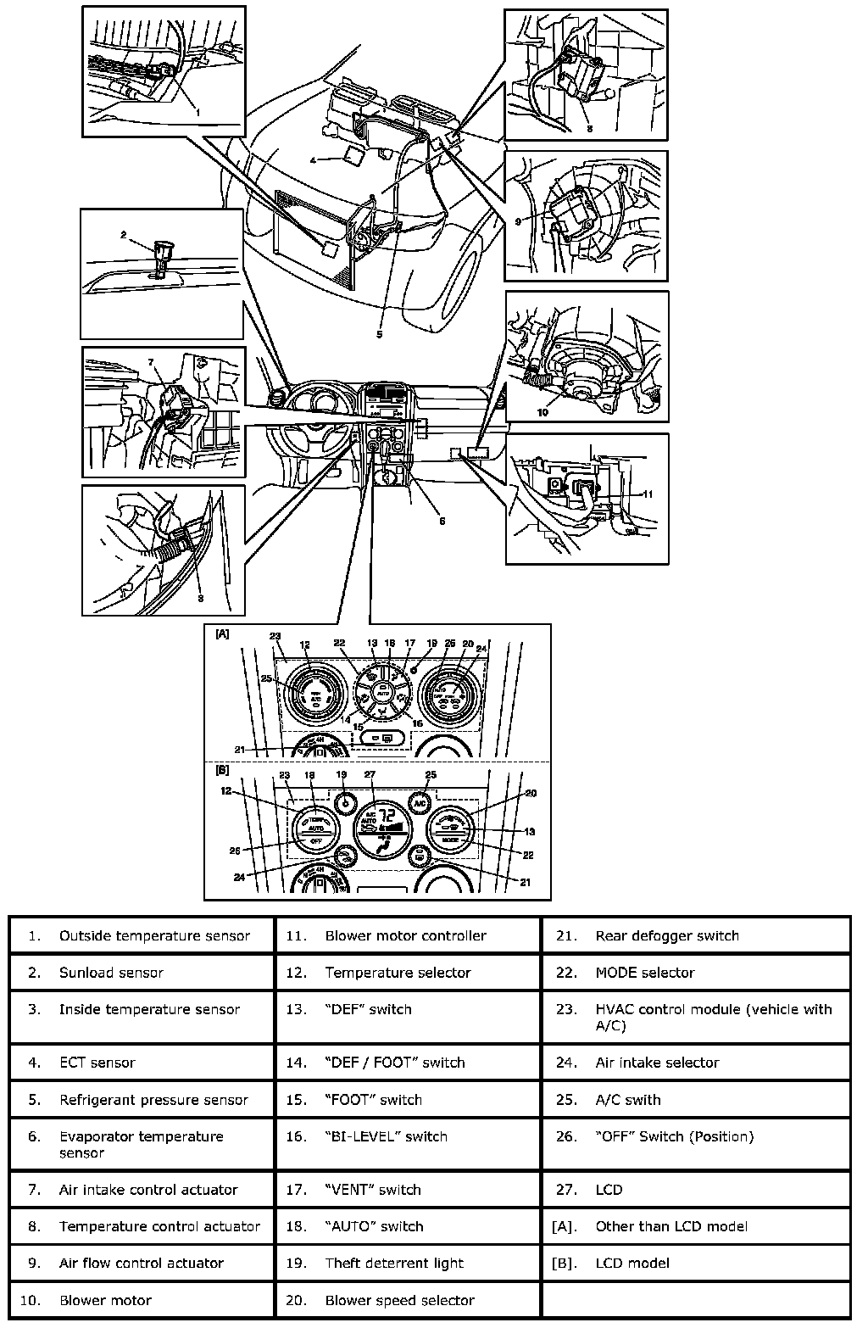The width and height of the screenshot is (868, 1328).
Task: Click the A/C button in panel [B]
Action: (x=418, y=801)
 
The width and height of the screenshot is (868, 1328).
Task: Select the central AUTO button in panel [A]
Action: (x=382, y=690)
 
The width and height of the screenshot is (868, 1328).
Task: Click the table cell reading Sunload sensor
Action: (x=142, y=972)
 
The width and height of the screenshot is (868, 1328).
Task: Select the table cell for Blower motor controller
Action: (x=408, y=935)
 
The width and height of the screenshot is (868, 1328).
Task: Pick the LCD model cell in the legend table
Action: (x=695, y=1263)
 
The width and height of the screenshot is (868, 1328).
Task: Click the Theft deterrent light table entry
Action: (x=408, y=1263)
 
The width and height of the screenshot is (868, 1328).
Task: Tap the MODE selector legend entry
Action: (x=695, y=972)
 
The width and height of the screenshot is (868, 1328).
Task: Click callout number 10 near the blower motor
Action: (x=542, y=413)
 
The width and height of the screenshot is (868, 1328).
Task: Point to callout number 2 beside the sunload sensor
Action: (x=123, y=235)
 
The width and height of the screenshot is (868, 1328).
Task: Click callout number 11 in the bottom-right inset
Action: (x=648, y=494)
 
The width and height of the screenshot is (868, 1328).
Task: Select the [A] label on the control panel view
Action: (x=222, y=633)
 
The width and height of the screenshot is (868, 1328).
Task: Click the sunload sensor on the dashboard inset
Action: (x=161, y=252)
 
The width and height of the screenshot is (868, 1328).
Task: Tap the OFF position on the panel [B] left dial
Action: (x=315, y=840)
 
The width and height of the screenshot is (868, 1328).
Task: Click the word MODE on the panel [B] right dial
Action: (x=451, y=840)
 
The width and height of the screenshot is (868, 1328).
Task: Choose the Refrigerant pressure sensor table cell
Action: (x=142, y=1100)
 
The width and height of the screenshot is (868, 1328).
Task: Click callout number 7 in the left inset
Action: (x=150, y=362)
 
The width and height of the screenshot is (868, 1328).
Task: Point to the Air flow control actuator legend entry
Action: (x=142, y=1263)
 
